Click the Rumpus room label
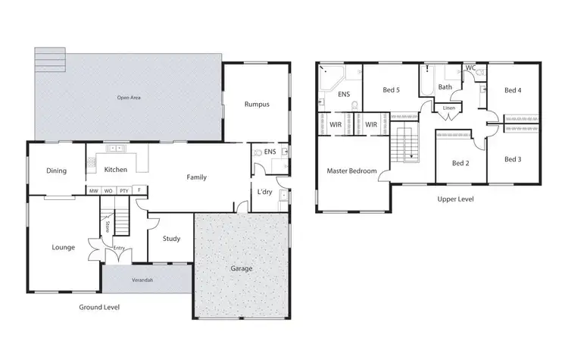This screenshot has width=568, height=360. pos(257,105)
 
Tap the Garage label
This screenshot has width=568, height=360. pos(241,268)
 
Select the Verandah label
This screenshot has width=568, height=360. pos(142,280)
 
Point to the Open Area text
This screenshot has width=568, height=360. pos(129,98)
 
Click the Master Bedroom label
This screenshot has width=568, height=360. pos(351,171)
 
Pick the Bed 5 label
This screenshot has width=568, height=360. pos(391,91)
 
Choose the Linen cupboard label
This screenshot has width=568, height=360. pos(449,108)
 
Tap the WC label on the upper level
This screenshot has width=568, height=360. pos(470,68)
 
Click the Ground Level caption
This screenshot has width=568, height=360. pos(100,307)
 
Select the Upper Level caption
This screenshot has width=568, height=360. pos(457,199)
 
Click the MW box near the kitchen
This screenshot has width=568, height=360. pos(93,190)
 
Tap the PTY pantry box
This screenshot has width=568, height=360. pos(123,190)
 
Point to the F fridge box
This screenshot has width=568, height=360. pos(139,190)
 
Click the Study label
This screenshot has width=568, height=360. pos(172,239)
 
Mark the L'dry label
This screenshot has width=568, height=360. pos(264,193)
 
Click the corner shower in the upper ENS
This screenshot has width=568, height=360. pos(331,76)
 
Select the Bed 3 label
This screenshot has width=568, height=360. pos(513,159)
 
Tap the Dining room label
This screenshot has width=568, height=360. pos(57,171)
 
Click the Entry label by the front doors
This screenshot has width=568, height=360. pos(119,248)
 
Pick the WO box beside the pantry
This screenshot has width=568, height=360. pos(108,190)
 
